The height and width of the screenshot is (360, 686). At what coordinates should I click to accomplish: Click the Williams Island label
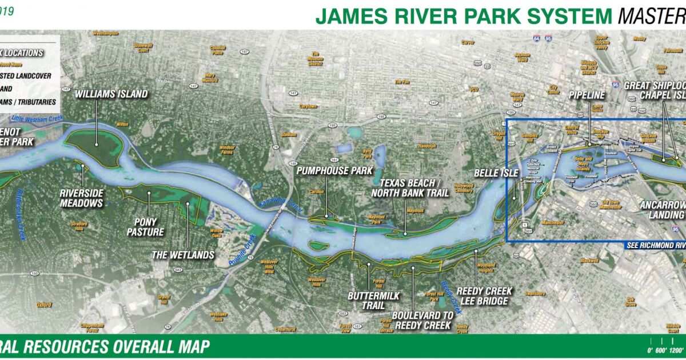[x=111, y=94]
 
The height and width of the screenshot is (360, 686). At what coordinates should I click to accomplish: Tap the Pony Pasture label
[x=150, y=227]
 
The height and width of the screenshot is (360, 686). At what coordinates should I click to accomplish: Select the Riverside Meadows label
[x=81, y=198]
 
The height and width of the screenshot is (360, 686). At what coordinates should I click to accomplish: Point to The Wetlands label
[x=183, y=255]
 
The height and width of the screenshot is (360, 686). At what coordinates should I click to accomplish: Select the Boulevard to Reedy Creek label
[x=422, y=321]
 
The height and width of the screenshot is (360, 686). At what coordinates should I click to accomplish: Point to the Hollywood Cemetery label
[x=463, y=188]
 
